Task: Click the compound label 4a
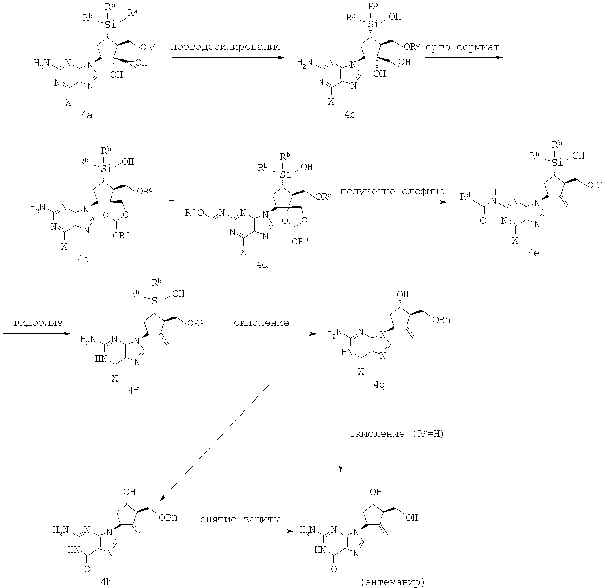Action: (x=86, y=115)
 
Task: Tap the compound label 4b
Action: (x=350, y=115)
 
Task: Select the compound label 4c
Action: (x=83, y=259)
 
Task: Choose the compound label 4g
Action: (x=379, y=385)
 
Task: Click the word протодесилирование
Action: (x=226, y=46)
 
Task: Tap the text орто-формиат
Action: (x=463, y=46)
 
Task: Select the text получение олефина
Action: (x=393, y=191)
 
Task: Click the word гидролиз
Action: (x=31, y=323)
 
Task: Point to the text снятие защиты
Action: (x=240, y=519)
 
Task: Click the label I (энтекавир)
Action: (x=383, y=581)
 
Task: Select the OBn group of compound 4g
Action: (x=441, y=319)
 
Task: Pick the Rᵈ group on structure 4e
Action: (x=465, y=198)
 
